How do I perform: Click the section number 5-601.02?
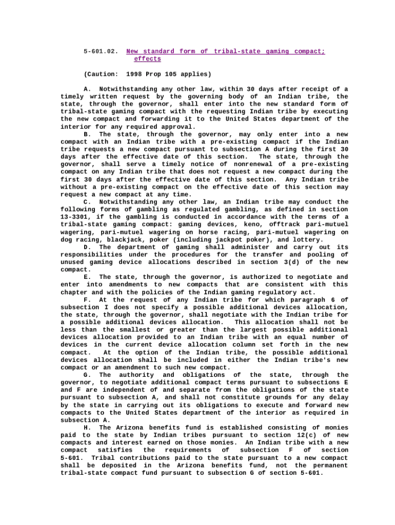pyautogui.click(x=101, y=51)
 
